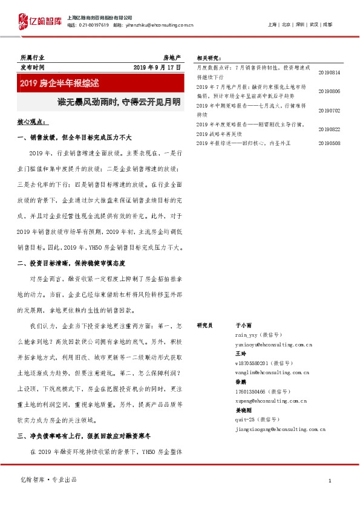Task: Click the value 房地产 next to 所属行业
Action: (x=172, y=57)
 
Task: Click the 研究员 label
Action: (x=205, y=325)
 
